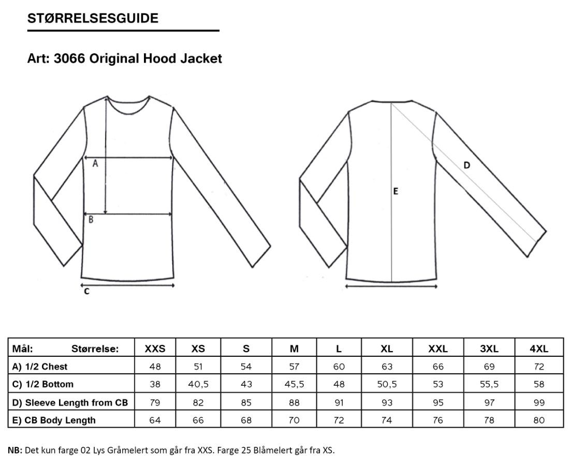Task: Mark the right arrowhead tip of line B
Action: click(x=172, y=214)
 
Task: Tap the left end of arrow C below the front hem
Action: click(x=81, y=286)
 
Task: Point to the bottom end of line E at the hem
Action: click(x=391, y=282)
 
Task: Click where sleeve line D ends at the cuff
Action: click(x=536, y=242)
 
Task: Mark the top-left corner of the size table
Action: click(x=8, y=338)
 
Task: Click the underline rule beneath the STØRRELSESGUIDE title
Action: click(x=123, y=31)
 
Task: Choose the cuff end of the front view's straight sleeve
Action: click(x=261, y=257)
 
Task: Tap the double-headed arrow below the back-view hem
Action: click(x=391, y=286)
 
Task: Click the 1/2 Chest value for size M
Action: click(x=294, y=367)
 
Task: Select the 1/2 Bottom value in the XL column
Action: click(x=387, y=384)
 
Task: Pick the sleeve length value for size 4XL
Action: click(x=539, y=403)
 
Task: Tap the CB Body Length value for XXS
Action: click(x=155, y=420)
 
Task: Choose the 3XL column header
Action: click(x=489, y=349)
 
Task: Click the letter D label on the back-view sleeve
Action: click(x=466, y=165)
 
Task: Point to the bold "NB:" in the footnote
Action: click(x=15, y=450)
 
